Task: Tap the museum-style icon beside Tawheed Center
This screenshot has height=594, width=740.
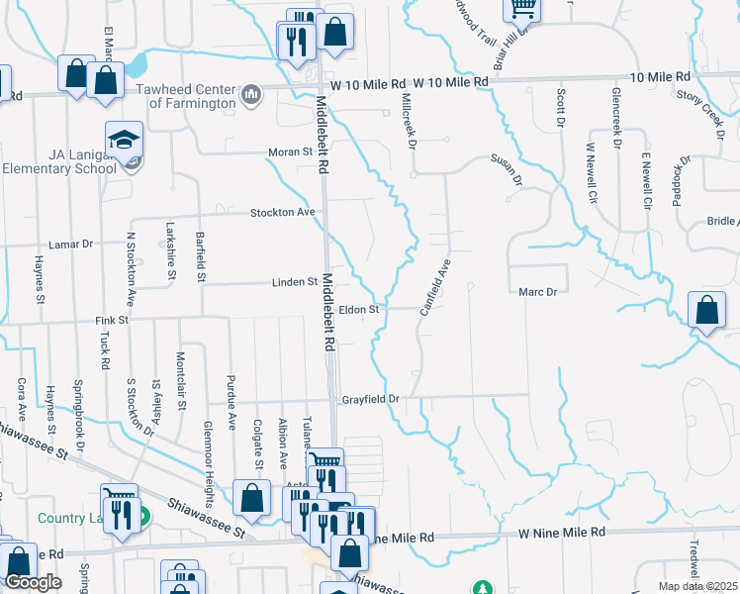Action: click(x=251, y=95)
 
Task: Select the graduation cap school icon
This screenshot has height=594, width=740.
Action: click(x=126, y=141)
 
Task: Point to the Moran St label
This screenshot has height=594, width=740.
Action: click(x=291, y=152)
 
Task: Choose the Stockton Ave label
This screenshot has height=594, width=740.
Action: click(x=282, y=212)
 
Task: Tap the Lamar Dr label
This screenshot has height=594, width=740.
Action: click(x=70, y=243)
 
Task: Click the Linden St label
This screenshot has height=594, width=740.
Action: click(x=295, y=282)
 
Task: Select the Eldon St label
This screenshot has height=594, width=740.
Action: click(x=360, y=310)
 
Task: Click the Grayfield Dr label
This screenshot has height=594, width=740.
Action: click(x=370, y=400)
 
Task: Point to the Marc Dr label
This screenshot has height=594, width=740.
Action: click(x=538, y=292)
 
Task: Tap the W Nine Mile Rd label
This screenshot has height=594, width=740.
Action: click(x=562, y=533)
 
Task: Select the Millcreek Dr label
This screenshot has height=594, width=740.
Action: click(x=407, y=121)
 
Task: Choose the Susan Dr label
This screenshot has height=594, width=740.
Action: click(x=506, y=169)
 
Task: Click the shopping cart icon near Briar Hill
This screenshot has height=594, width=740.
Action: click(x=522, y=8)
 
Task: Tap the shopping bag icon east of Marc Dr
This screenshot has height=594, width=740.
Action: click(x=707, y=311)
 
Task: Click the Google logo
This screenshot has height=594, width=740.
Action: click(x=33, y=582)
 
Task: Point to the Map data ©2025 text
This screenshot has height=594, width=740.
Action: click(x=697, y=586)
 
